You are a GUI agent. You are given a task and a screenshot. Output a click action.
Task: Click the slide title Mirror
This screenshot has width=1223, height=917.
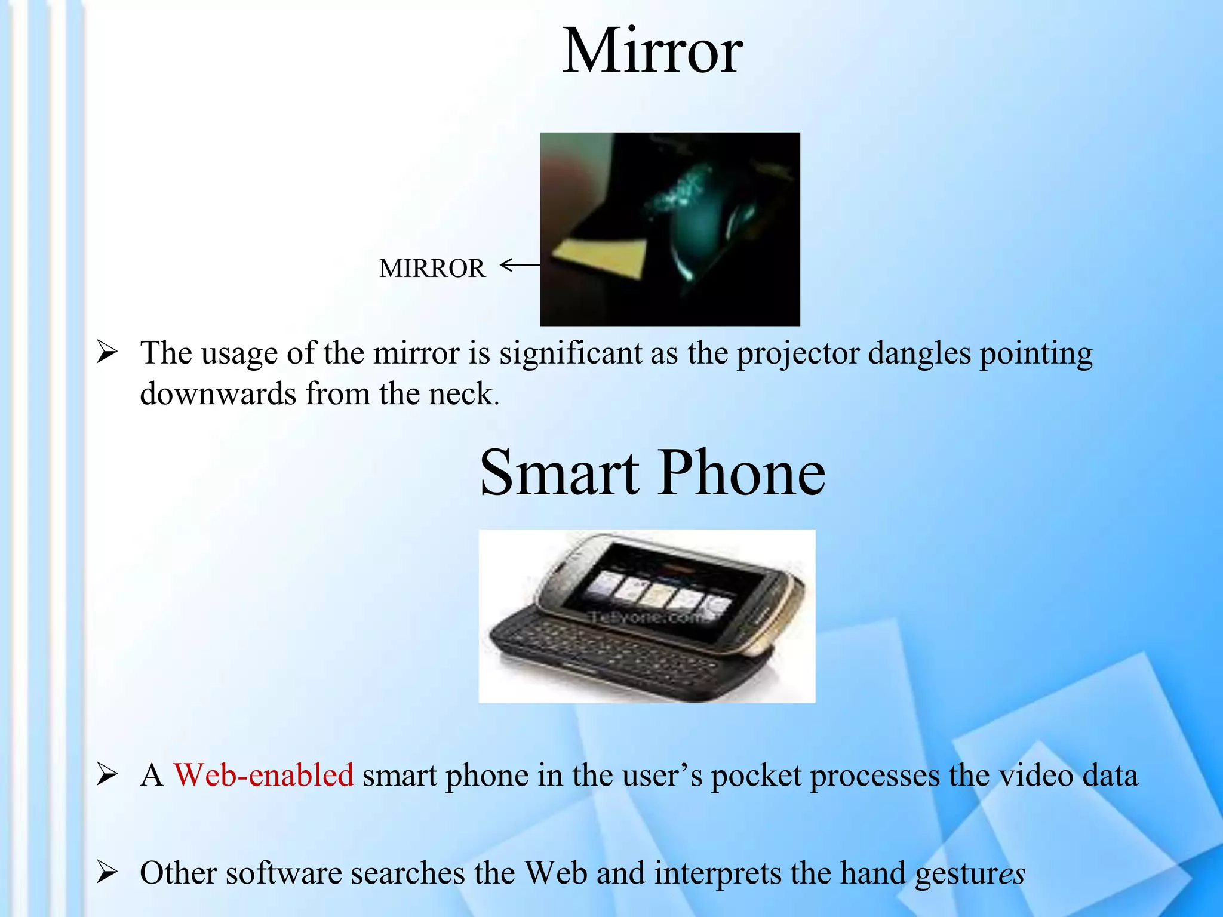coord(652,52)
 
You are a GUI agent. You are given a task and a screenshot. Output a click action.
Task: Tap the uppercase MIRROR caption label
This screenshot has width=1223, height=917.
coord(432,269)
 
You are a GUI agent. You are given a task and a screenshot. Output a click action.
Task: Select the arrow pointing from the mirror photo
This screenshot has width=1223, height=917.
coord(519,264)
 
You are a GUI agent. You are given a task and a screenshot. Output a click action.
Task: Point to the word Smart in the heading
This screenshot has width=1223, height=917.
coord(559,473)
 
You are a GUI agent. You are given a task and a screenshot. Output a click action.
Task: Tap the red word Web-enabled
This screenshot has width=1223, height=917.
coord(263,776)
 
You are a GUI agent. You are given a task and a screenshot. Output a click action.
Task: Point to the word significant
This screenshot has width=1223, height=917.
coord(570,354)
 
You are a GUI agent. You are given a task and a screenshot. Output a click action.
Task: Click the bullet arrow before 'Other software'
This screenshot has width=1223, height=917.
coord(107,873)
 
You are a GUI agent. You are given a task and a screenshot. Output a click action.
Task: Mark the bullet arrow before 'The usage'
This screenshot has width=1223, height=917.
coord(107,353)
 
